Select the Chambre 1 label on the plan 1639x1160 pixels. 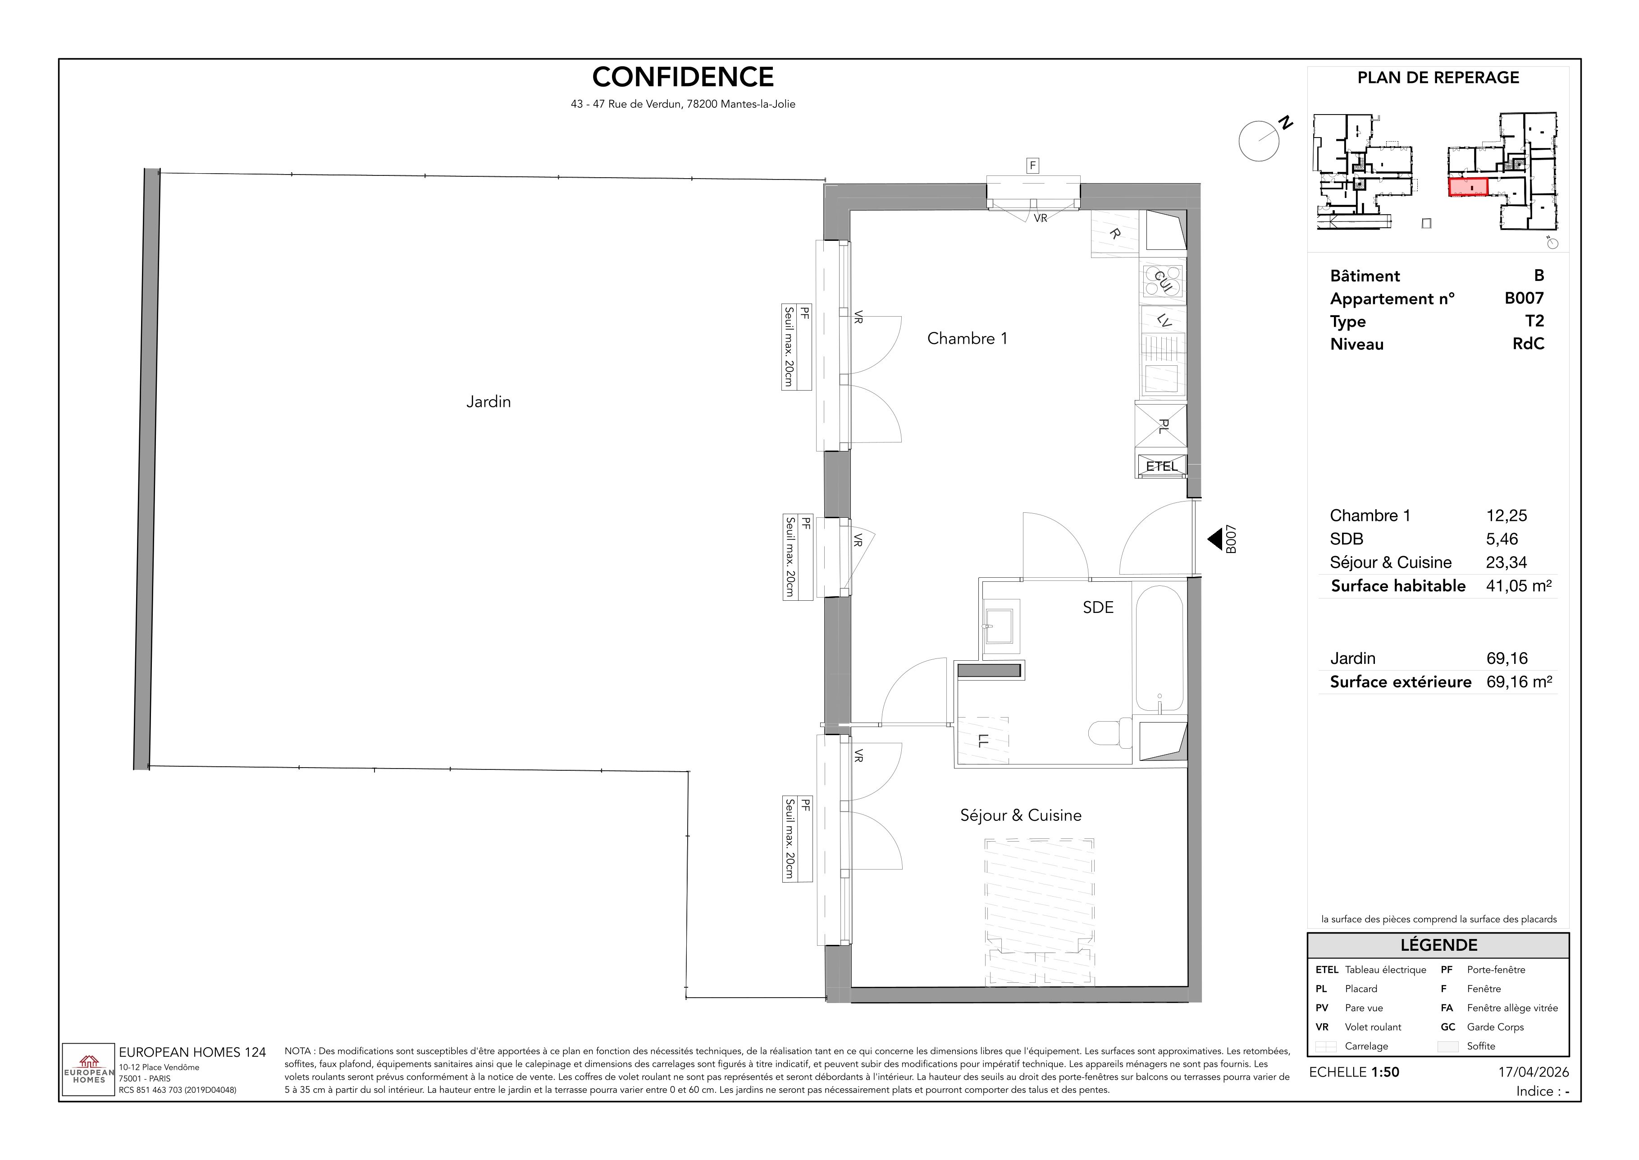click(x=967, y=339)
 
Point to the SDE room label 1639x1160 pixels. click(x=1098, y=607)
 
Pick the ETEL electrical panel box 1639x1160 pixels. click(x=1161, y=466)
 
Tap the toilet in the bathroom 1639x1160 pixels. click(x=1110, y=732)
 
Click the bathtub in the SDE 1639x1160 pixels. click(x=1160, y=649)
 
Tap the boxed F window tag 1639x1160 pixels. click(x=1032, y=166)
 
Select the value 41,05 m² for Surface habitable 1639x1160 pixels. click(x=1519, y=586)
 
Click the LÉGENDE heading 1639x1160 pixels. click(x=1438, y=945)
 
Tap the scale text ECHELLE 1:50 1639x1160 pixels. click(x=1354, y=1072)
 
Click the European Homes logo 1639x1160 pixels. click(x=88, y=1070)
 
